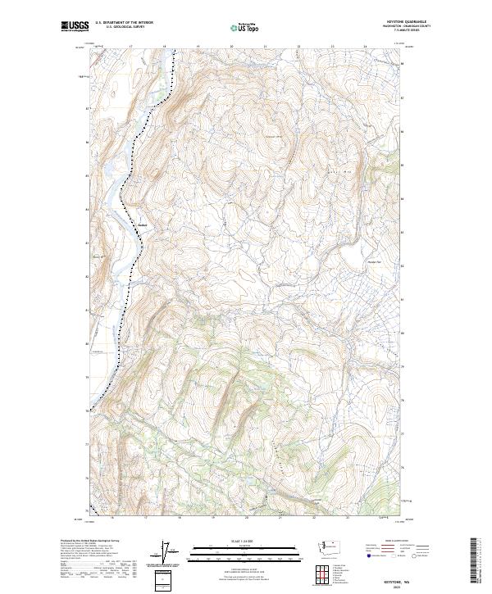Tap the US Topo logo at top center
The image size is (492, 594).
(x=245, y=28)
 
